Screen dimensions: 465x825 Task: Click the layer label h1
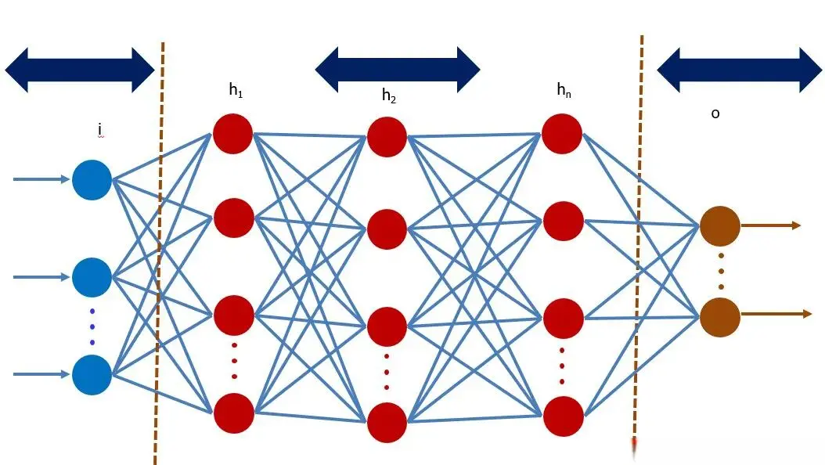click(x=236, y=92)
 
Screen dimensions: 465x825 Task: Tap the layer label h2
click(x=389, y=96)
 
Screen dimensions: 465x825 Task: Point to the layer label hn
click(x=564, y=90)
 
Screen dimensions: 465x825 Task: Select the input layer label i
click(x=100, y=128)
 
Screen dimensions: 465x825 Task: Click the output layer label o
click(x=715, y=114)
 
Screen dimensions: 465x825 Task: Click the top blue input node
click(x=92, y=179)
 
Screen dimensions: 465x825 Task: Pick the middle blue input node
click(x=92, y=276)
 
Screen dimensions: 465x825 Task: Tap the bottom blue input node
click(x=92, y=374)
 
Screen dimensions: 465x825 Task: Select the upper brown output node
click(x=719, y=225)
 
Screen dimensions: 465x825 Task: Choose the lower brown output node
click(x=719, y=315)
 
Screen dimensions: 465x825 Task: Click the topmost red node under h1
click(x=232, y=133)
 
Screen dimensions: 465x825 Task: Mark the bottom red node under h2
click(x=387, y=423)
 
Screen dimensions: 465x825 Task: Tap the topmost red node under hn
click(x=561, y=133)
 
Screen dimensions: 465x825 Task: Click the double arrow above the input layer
click(x=80, y=70)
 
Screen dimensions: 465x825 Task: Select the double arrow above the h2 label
click(x=397, y=70)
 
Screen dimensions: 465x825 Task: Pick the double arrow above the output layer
click(x=740, y=70)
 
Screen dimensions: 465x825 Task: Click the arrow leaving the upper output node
click(x=771, y=225)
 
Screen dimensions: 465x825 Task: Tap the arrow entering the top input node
click(x=41, y=179)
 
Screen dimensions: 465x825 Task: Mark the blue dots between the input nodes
click(x=92, y=326)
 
